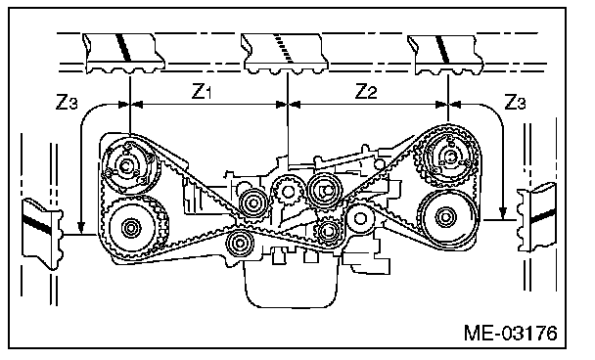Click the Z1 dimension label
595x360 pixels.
(x=202, y=91)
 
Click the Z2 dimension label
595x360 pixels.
(x=366, y=91)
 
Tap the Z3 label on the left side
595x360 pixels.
(x=67, y=102)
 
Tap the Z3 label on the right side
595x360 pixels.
(x=515, y=102)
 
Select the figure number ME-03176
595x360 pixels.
(x=511, y=333)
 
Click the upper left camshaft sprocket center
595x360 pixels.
(x=125, y=165)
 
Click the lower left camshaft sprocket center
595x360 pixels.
(x=131, y=228)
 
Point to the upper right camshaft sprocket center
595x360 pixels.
(x=450, y=157)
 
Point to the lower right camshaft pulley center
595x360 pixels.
(x=444, y=217)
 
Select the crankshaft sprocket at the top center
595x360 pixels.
(x=288, y=192)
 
